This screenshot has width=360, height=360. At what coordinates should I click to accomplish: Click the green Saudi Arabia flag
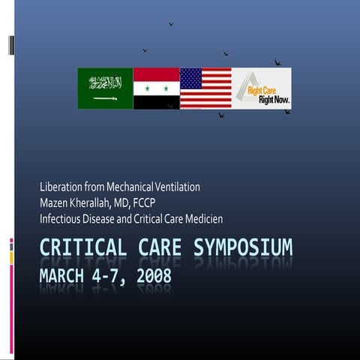click(105, 88)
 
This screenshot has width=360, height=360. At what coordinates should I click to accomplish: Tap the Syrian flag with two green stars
click(156, 88)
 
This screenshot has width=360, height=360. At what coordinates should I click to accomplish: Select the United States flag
click(205, 88)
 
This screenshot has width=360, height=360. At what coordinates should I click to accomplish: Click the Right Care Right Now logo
click(261, 88)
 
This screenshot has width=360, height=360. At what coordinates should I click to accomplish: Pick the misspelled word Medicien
click(202, 219)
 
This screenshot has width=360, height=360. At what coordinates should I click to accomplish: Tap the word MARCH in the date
click(64, 275)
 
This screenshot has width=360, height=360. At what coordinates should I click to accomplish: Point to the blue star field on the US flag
click(191, 78)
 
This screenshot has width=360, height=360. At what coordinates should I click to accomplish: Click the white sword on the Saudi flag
click(105, 98)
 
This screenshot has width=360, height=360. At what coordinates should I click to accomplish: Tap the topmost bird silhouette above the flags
click(171, 24)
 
